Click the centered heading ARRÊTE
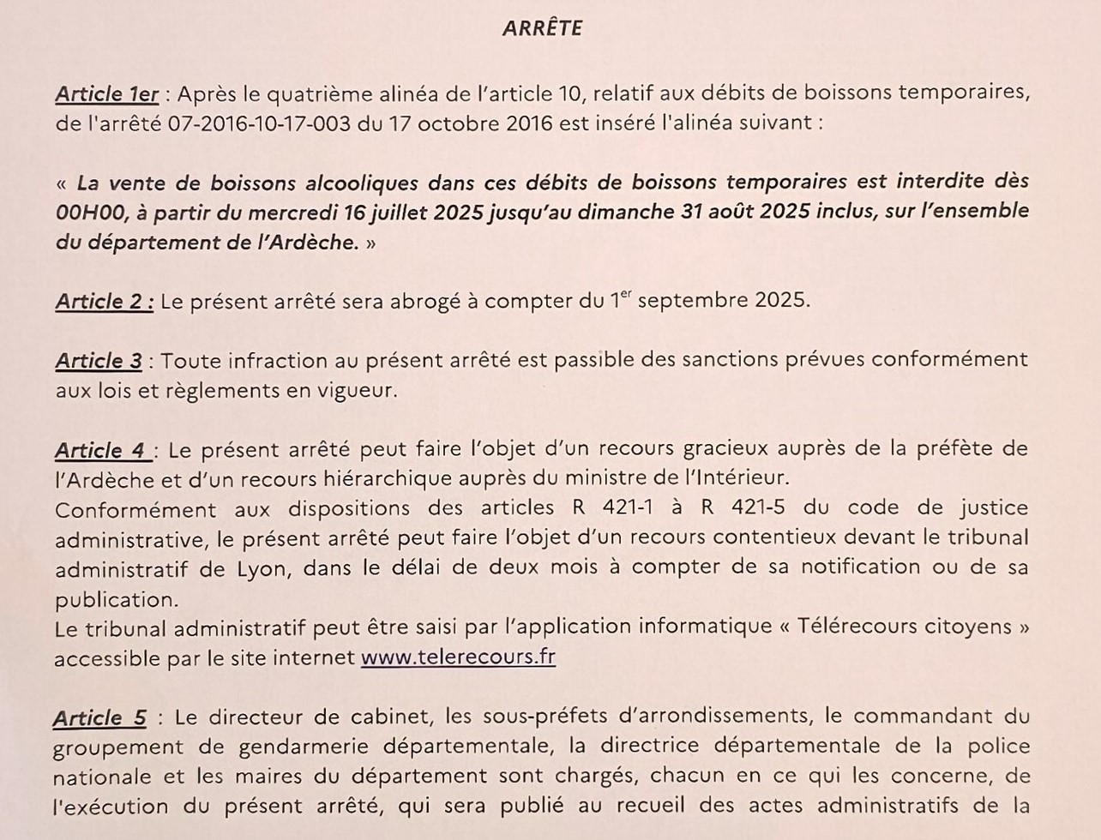542,28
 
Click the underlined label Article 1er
107,93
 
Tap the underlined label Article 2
105,302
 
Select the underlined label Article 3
99,362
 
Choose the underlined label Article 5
99,717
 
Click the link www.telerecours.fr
459,657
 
